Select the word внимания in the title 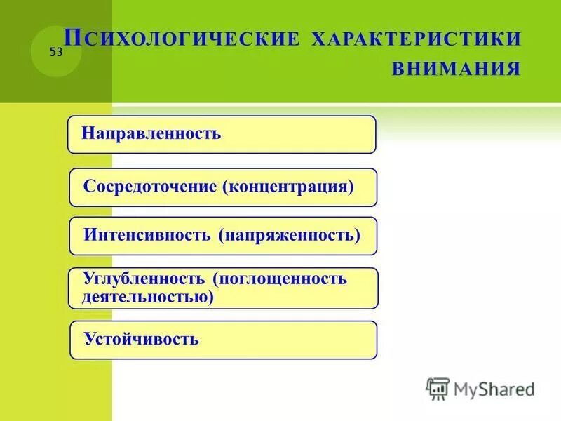[457, 69]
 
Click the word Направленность [151, 133]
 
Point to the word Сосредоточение [151, 187]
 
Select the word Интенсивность [147, 234]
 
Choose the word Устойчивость [141, 340]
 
